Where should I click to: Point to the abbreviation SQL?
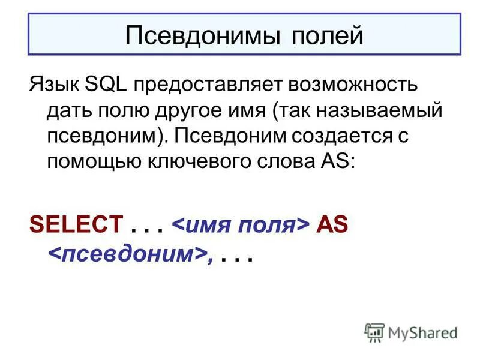pyautogui.click(x=104, y=85)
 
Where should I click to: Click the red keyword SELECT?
pyautogui.click(x=76, y=225)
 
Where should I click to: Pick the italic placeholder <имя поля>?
pyautogui.click(x=241, y=225)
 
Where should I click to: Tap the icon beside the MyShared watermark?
pyautogui.click(x=374, y=332)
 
